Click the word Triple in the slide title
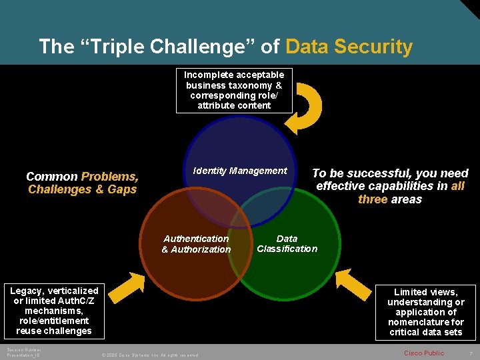click(x=118, y=47)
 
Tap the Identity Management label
click(x=240, y=171)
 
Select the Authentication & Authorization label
click(x=196, y=244)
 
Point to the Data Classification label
click(x=287, y=243)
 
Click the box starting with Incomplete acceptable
click(x=234, y=90)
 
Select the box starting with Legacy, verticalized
click(x=54, y=311)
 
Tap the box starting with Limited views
click(x=426, y=312)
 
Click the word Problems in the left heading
click(x=110, y=177)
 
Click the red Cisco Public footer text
click(x=424, y=353)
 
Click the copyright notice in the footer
click(x=149, y=355)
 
